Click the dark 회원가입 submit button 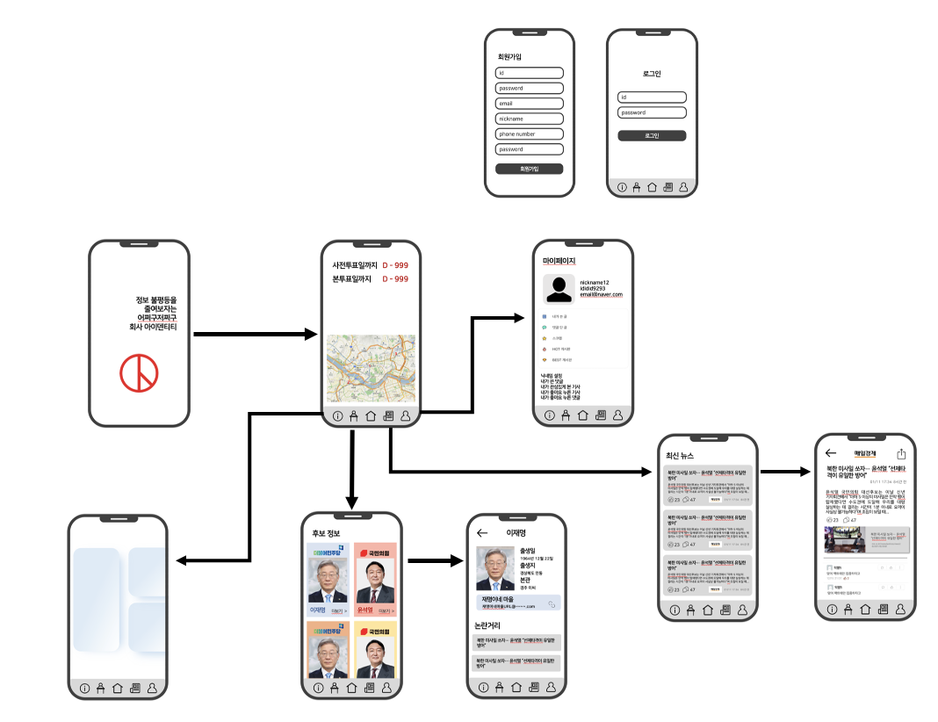[x=529, y=169]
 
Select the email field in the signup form [x=529, y=104]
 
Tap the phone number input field [x=529, y=134]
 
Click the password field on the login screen [x=652, y=112]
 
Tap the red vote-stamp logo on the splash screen [x=139, y=374]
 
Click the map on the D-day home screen [x=371, y=369]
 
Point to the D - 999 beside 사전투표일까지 [x=394, y=265]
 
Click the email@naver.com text [x=601, y=295]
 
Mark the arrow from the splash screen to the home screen [x=255, y=335]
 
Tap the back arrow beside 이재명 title [x=481, y=533]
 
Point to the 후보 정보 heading [x=326, y=533]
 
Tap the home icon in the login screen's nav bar [x=652, y=187]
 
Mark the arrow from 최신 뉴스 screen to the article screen [x=784, y=473]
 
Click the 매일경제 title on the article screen [x=865, y=453]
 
